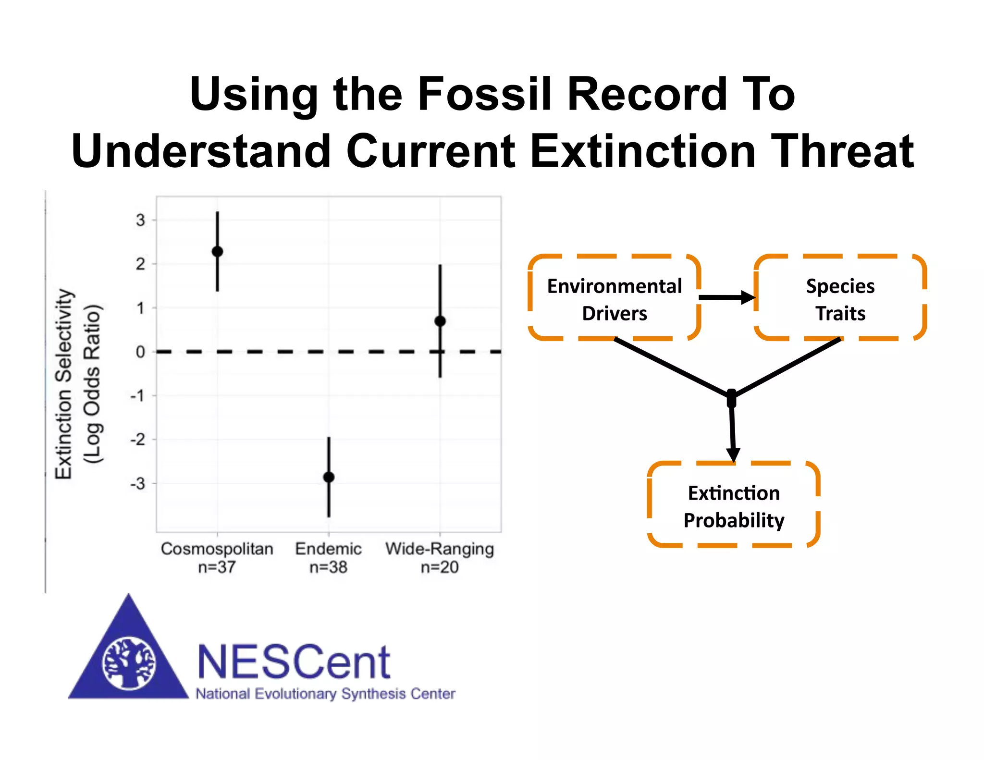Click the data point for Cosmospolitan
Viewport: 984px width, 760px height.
coord(217,251)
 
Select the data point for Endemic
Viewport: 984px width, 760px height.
coord(329,477)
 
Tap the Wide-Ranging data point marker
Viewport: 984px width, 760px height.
coord(440,321)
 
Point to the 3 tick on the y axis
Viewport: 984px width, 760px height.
coord(140,221)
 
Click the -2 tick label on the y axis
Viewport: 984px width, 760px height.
coord(138,440)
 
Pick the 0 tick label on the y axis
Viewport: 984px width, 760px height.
coord(140,352)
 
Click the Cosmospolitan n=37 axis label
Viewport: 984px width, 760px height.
coord(217,557)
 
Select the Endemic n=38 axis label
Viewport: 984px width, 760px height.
coord(329,557)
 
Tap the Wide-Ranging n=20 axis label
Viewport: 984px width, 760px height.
coord(440,557)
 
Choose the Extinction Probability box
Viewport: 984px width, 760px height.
coord(734,506)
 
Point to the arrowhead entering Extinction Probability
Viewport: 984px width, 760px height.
coord(733,454)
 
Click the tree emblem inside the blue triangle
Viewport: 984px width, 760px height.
coord(129,663)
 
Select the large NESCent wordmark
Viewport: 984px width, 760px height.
coord(294,662)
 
